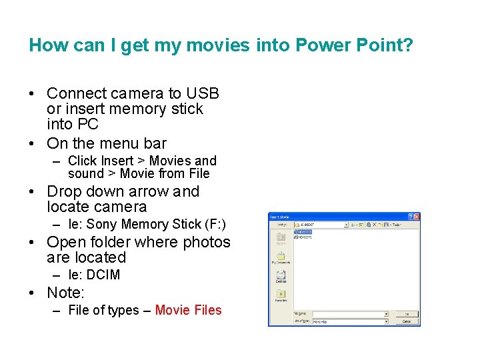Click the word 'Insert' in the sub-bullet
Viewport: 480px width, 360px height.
point(117,161)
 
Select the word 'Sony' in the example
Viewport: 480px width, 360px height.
point(102,225)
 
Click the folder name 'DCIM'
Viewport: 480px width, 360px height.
point(103,275)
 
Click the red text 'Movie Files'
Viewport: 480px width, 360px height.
point(188,310)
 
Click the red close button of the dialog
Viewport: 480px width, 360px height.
point(417,217)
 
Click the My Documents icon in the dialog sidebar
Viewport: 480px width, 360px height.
point(281,257)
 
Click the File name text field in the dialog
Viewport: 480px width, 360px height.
point(350,313)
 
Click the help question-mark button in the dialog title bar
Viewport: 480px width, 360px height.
point(410,217)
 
